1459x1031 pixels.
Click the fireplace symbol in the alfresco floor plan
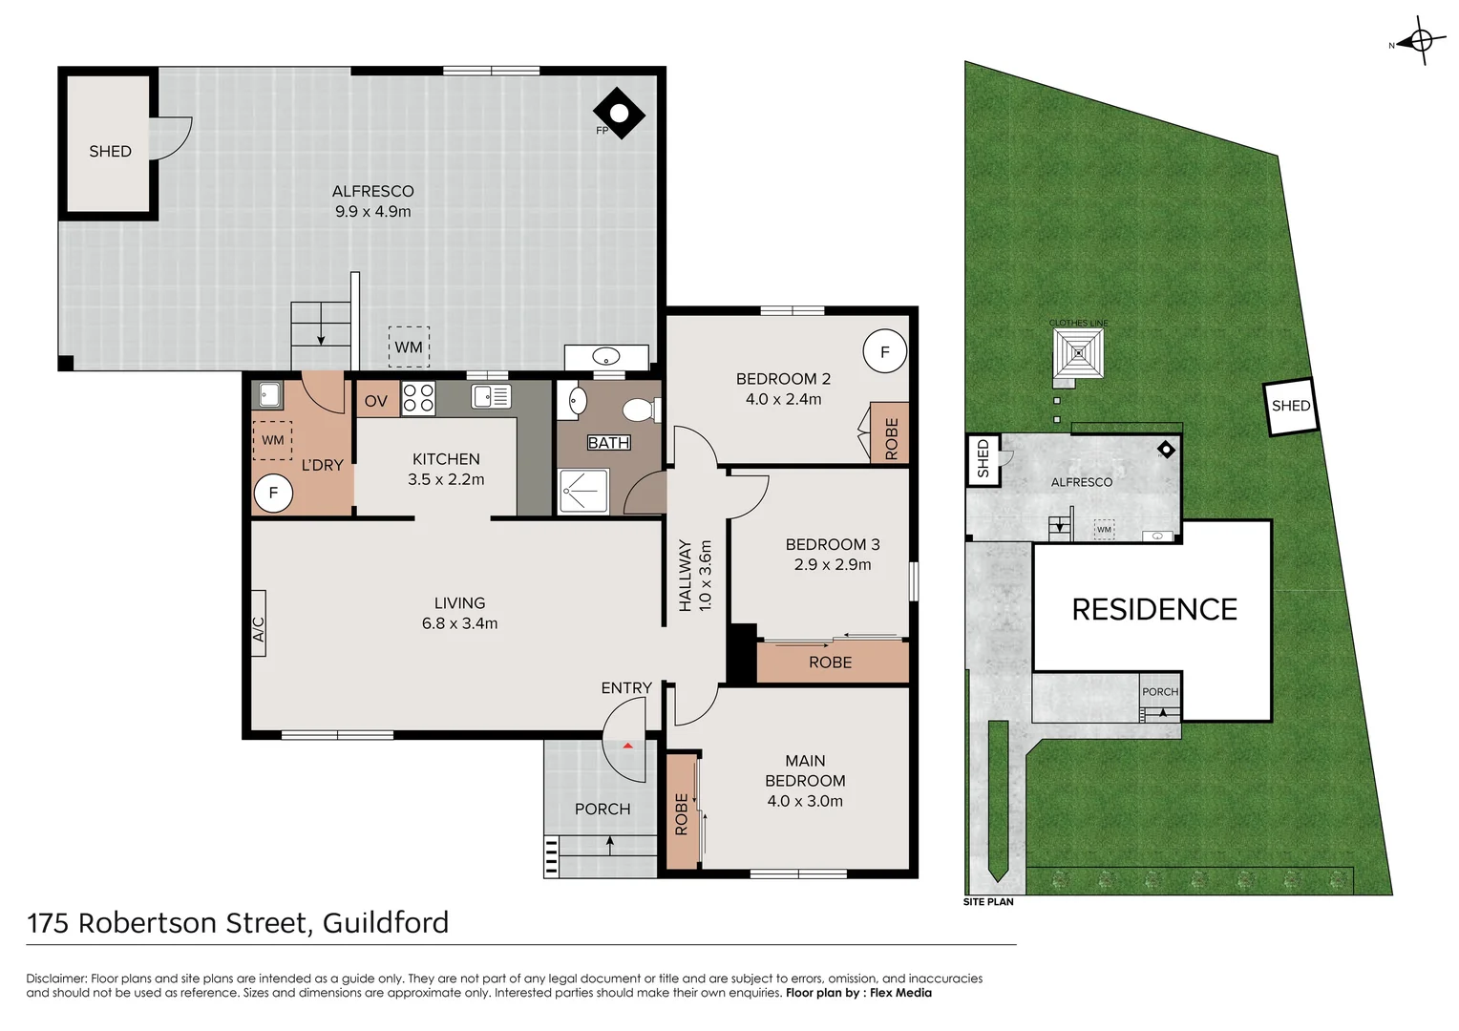[x=619, y=114]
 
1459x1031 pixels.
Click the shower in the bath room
[x=582, y=491]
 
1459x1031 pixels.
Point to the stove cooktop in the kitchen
[x=418, y=397]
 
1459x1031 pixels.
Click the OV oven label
[x=376, y=401]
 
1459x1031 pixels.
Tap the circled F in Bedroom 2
[x=884, y=352]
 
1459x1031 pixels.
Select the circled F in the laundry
[x=273, y=493]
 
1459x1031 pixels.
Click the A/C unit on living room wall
[x=258, y=622]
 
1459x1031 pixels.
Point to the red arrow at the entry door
[x=627, y=746]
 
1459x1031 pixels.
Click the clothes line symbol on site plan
[x=1078, y=353]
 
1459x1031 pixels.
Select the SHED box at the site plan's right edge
[x=1290, y=407]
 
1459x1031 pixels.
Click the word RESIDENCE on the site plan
[x=1153, y=609]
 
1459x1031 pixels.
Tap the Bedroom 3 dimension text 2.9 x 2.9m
[x=833, y=564]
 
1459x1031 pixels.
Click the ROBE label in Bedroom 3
[x=830, y=663]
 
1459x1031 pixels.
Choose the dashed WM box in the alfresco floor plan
[x=409, y=347]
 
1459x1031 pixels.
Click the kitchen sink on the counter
[x=492, y=396]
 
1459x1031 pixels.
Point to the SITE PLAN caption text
[x=988, y=902]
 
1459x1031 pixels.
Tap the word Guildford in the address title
[x=385, y=923]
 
